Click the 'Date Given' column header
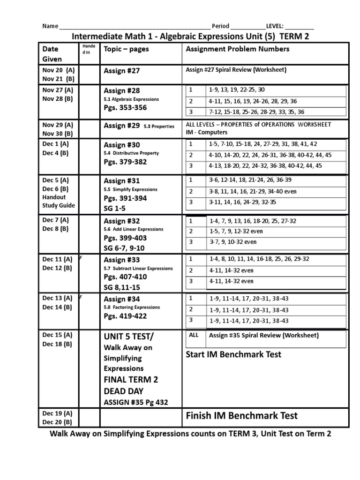tap(52, 53)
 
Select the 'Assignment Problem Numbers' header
tap(238, 49)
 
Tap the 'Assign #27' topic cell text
tap(122, 71)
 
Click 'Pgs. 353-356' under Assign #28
tap(125, 108)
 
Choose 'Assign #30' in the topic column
tap(122, 145)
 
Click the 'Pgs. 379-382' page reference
tap(125, 162)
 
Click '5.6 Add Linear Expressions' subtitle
tap(133, 229)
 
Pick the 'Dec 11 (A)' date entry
tap(57, 259)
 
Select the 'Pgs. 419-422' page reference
tap(125, 316)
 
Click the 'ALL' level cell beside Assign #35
tap(194, 335)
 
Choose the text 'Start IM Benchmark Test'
tap(233, 354)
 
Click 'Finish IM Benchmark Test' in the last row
tap(241, 416)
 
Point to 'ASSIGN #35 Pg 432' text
tap(135, 402)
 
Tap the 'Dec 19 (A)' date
tap(57, 413)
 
